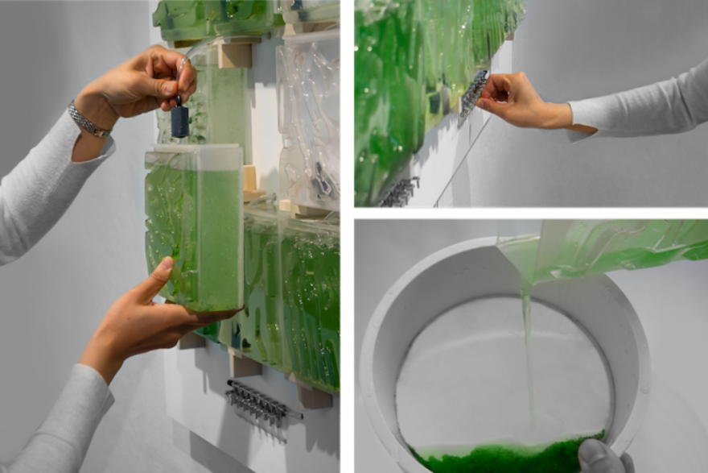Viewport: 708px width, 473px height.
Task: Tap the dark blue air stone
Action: tap(179, 121)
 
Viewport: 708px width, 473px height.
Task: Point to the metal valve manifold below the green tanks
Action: tap(257, 401)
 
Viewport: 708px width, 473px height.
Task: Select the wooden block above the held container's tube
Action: tap(235, 55)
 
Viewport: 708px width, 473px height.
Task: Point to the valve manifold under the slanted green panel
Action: tap(400, 191)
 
